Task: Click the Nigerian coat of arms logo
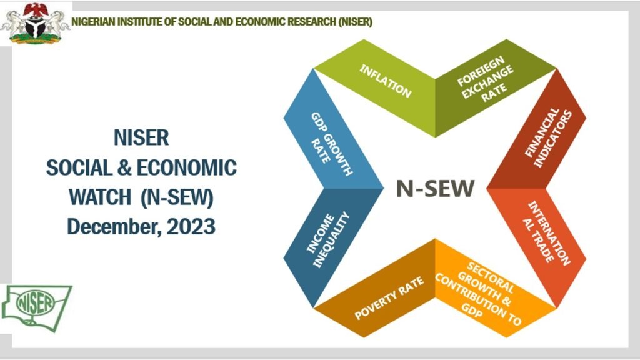36,23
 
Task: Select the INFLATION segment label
386,81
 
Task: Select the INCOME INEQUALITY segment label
327,240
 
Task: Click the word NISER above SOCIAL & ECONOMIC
141,137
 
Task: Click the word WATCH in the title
99,197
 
